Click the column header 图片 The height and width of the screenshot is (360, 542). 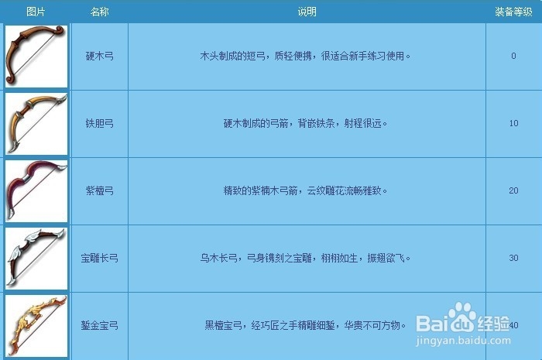pos(36,12)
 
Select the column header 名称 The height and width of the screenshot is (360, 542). pos(99,12)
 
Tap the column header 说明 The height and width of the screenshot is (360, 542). pos(307,12)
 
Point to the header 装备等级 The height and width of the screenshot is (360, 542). pos(513,12)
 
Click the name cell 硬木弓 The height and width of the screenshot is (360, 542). pos(99,57)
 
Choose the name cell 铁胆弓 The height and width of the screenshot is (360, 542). pos(99,124)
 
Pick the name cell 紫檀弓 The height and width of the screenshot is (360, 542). pos(99,191)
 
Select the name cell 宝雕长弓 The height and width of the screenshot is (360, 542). pos(99,258)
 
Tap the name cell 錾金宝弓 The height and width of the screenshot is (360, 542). pos(99,325)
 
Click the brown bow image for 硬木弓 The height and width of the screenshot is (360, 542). pos(36,56)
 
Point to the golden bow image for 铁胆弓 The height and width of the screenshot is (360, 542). pos(36,124)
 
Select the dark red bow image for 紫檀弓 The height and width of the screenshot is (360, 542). pos(36,190)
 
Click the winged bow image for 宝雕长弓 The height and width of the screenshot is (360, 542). pos(36,258)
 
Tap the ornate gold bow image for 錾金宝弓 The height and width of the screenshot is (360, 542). pos(36,324)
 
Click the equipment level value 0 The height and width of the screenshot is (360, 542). pos(513,57)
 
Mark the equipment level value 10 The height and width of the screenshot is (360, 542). pos(513,124)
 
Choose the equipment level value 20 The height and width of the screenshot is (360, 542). pos(513,191)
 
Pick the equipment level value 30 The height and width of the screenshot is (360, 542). pos(513,258)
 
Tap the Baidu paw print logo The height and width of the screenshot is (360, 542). pos(461,317)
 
